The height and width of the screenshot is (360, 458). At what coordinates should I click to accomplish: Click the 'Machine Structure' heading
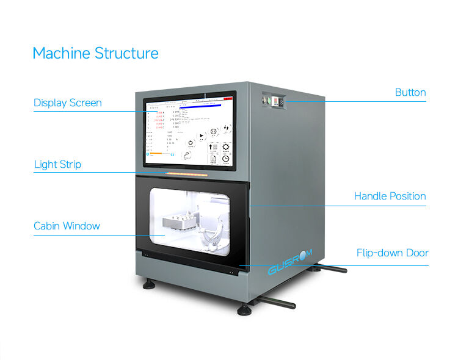click(x=95, y=53)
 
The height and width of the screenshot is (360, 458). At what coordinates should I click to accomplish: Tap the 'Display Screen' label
click(x=67, y=103)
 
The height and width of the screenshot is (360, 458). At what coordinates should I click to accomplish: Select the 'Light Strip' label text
click(x=57, y=164)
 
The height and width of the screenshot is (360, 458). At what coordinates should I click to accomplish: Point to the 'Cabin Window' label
click(x=67, y=226)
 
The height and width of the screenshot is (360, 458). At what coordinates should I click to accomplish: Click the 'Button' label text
click(x=410, y=92)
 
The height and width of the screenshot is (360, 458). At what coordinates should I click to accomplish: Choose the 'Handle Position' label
click(x=390, y=196)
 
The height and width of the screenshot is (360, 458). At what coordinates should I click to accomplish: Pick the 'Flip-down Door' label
click(x=392, y=253)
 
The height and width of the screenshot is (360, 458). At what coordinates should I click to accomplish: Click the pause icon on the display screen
click(x=213, y=132)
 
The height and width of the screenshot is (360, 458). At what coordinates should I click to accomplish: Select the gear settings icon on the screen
click(x=226, y=147)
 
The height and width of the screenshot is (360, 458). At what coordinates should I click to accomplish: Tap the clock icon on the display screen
click(x=226, y=159)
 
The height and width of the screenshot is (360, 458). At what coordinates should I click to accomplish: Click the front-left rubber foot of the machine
click(x=148, y=285)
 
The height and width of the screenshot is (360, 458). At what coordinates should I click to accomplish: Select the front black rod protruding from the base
click(x=276, y=301)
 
